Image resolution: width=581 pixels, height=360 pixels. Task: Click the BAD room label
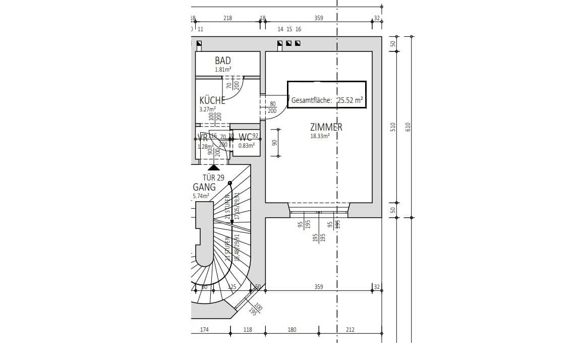[x=222, y=61]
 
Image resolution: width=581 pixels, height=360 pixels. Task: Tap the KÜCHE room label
[x=212, y=100]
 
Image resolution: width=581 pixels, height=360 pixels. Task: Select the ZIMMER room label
[x=326, y=127]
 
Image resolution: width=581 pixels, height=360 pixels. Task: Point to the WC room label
[x=245, y=137]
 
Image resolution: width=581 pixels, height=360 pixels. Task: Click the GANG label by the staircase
[x=204, y=187]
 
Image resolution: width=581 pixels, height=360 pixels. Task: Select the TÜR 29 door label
[x=213, y=177]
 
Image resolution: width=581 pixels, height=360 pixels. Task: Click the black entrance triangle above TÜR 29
[x=214, y=167]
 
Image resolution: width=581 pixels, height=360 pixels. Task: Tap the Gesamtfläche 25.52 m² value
[x=350, y=100]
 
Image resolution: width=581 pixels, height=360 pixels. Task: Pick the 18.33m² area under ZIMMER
[x=320, y=136]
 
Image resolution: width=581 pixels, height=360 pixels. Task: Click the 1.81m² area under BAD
[x=222, y=70]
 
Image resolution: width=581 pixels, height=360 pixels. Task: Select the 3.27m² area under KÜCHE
[x=207, y=108]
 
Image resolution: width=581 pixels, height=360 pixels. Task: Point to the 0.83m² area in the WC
[x=246, y=146]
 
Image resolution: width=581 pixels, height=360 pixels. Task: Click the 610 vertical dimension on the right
[x=409, y=127]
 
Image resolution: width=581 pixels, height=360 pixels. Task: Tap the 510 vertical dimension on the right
[x=393, y=127]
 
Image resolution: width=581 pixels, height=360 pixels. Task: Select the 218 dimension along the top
[x=228, y=18]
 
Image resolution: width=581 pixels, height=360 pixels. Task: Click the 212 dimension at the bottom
[x=350, y=330]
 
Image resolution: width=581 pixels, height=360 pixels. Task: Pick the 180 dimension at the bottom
[x=292, y=330]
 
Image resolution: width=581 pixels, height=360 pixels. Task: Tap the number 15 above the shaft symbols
[x=289, y=30]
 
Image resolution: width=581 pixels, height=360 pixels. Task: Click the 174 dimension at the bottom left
[x=204, y=330]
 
